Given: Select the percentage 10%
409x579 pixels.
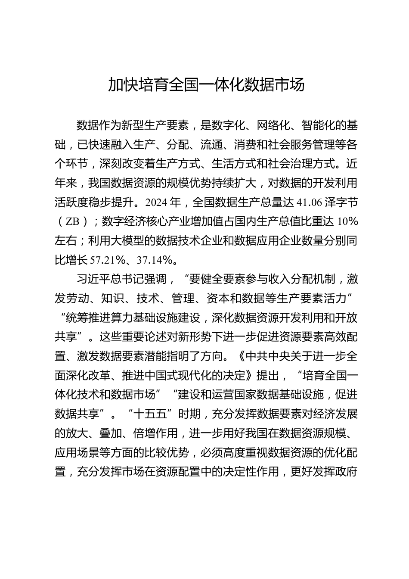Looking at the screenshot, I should [x=348, y=222].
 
